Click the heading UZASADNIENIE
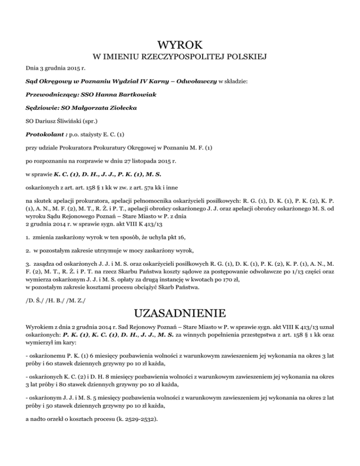tap(180, 312)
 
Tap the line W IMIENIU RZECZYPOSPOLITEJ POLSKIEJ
tap(180, 58)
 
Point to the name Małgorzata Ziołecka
tap(104, 108)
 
